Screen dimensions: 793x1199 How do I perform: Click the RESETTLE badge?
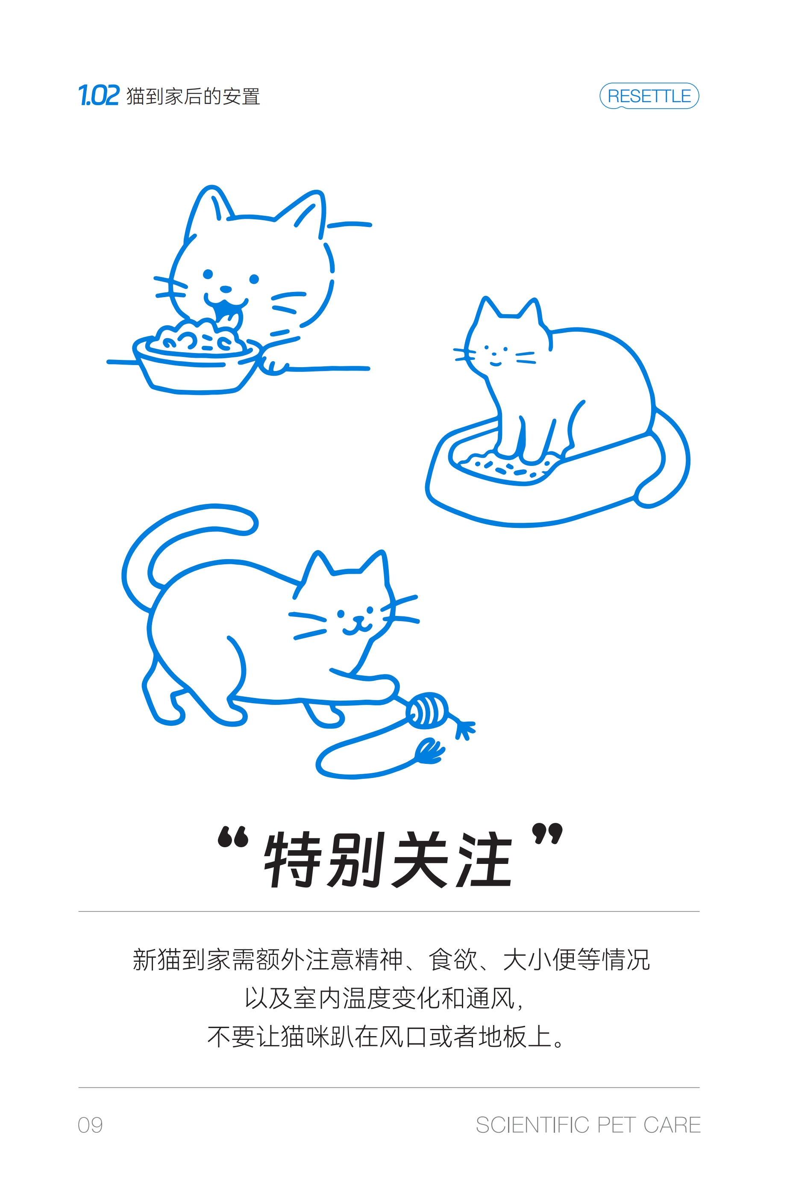(x=649, y=96)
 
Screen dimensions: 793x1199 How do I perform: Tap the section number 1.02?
(x=99, y=95)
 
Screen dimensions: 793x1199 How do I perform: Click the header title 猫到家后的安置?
(x=193, y=96)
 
